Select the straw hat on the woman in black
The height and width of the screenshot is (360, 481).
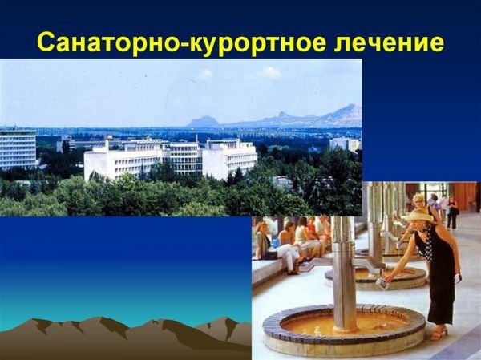coord(418,216)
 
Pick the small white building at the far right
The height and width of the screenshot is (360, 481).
coord(345,144)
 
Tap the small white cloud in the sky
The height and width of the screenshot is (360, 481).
coord(270,72)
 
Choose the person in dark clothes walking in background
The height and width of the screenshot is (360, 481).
coord(453,212)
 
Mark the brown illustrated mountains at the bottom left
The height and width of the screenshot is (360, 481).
coord(120,333)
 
